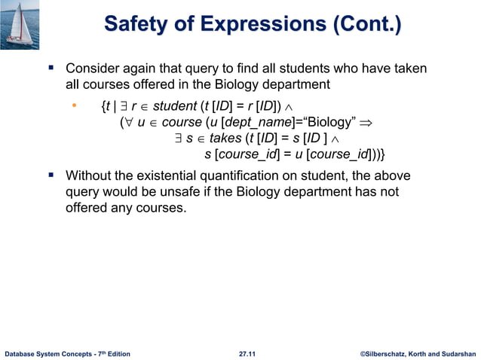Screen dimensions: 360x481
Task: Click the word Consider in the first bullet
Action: click(x=92, y=69)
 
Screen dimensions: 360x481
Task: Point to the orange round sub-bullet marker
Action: click(x=74, y=106)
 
